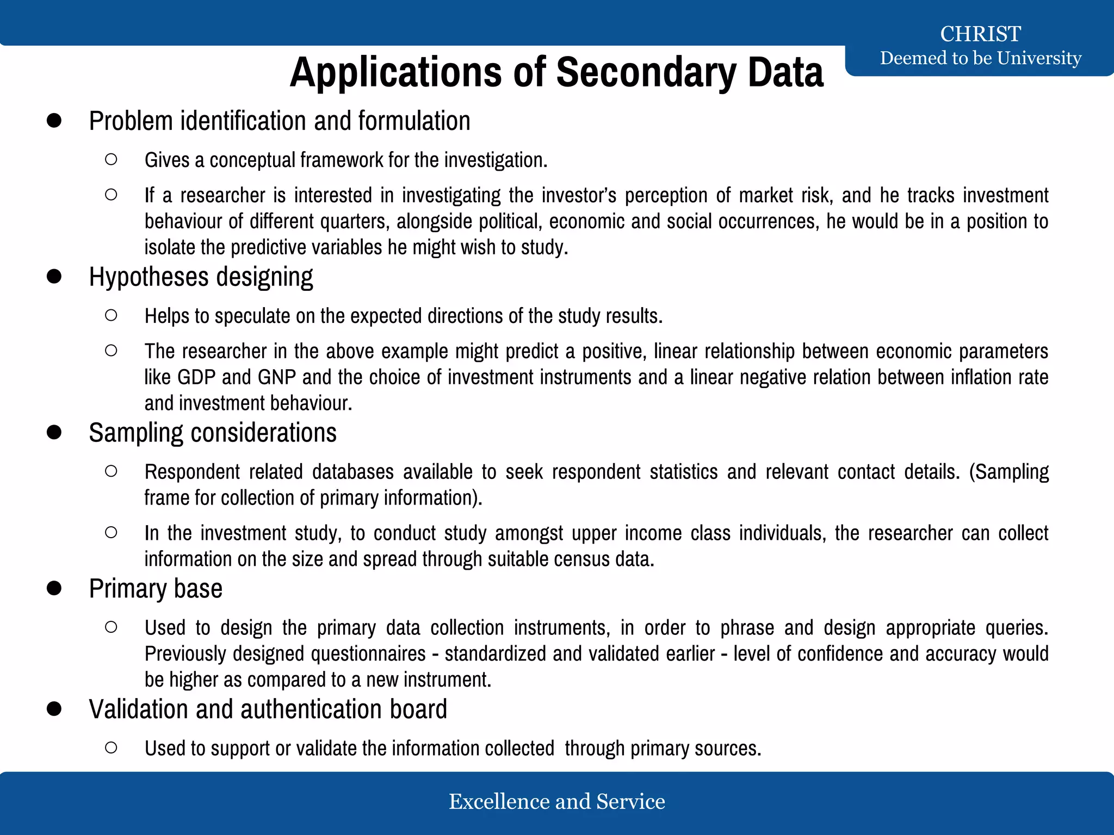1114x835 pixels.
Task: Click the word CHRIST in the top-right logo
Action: [980, 34]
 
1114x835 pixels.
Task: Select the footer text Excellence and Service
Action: [556, 801]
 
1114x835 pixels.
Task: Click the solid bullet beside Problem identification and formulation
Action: [54, 121]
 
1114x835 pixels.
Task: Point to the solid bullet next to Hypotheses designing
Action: [54, 276]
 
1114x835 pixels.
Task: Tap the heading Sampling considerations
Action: [213, 433]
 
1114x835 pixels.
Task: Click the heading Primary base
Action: [156, 589]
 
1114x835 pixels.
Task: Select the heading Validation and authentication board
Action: [268, 709]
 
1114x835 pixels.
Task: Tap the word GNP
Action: [276, 377]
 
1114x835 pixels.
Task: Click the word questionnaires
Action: [368, 653]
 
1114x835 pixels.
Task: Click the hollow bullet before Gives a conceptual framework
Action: [111, 159]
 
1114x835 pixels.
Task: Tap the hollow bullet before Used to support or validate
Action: [111, 747]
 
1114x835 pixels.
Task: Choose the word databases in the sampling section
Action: [352, 472]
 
